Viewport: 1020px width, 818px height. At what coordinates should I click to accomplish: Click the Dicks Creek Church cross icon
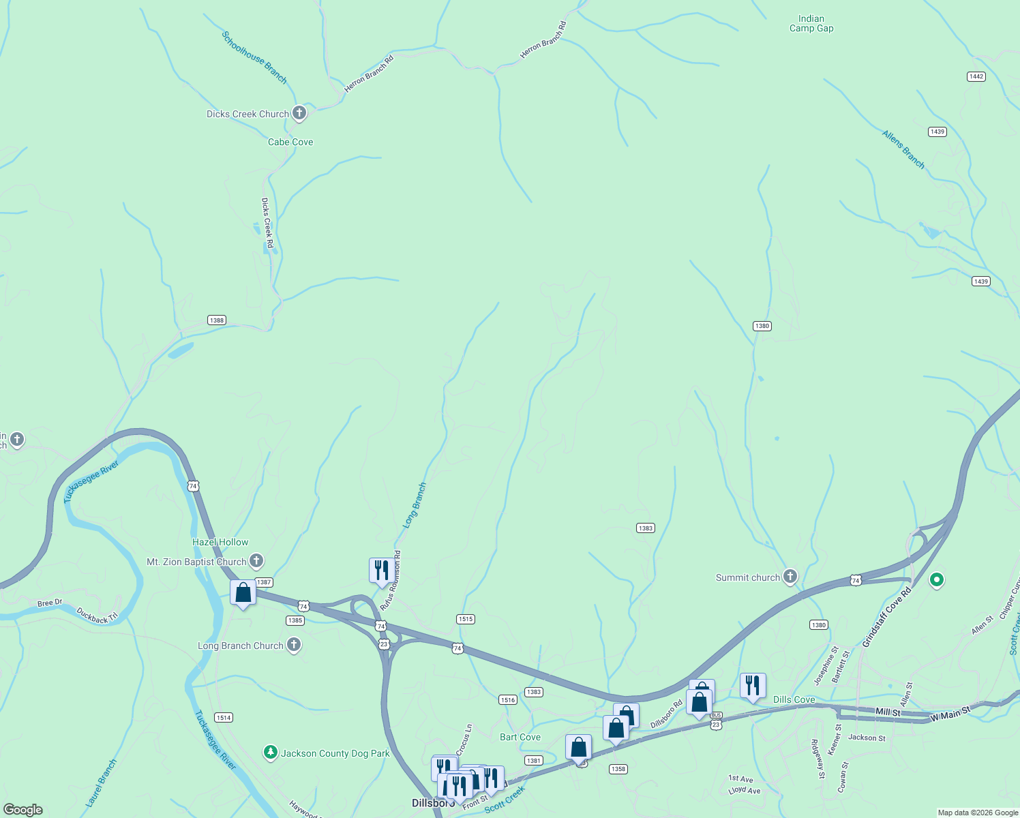click(x=299, y=113)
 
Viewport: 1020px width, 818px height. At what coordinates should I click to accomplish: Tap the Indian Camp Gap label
click(x=811, y=24)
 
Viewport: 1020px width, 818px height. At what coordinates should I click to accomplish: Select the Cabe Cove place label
click(x=290, y=142)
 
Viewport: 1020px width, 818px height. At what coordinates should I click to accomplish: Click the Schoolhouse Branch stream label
click(x=254, y=57)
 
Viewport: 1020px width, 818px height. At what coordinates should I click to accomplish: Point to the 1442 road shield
click(x=976, y=76)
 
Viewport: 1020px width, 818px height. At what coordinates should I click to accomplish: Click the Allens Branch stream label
click(x=903, y=149)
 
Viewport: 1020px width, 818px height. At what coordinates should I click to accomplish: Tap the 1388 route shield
click(x=217, y=320)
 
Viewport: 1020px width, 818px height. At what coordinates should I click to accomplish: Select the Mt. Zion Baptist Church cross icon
click(x=256, y=562)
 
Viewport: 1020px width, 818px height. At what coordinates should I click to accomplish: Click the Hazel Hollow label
click(x=220, y=542)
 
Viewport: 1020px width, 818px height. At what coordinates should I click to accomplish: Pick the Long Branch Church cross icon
click(x=294, y=645)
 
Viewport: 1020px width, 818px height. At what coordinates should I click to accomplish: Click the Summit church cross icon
click(x=790, y=577)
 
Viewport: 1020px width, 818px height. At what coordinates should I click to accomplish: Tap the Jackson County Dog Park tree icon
click(x=271, y=753)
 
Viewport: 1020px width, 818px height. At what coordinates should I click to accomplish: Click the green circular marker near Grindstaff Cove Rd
click(x=937, y=580)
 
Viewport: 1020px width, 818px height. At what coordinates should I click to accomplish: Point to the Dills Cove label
click(x=794, y=699)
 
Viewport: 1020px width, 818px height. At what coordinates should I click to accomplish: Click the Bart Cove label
click(x=520, y=737)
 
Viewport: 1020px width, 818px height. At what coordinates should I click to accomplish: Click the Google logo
click(x=23, y=810)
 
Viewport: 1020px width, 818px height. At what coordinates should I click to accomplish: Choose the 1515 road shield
click(x=466, y=619)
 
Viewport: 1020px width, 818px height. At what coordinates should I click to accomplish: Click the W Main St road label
click(x=950, y=714)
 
